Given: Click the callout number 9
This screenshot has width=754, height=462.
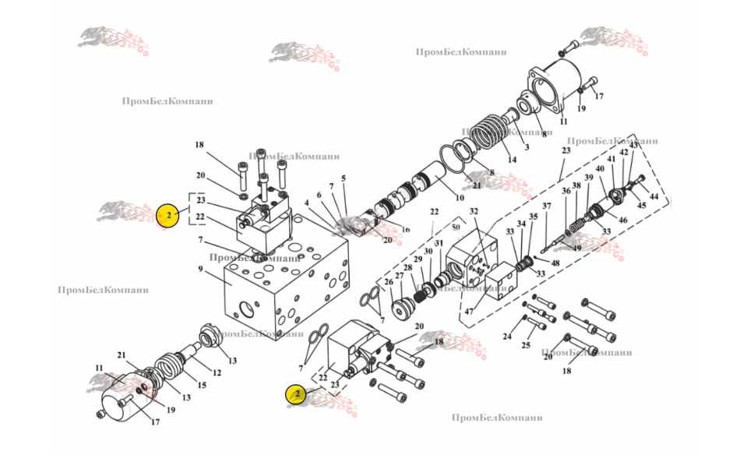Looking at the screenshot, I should coord(200,270).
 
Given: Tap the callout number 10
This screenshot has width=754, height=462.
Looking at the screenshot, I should coord(460,198).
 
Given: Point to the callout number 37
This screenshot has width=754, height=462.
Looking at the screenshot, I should coord(546,206).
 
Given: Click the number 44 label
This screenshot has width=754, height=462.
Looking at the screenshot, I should coord(654,197).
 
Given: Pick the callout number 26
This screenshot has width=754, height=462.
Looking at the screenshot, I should coord(387,282).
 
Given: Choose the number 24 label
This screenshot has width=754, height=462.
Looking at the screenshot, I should coord(507,337).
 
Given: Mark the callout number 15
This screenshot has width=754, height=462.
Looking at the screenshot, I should coord(203,385).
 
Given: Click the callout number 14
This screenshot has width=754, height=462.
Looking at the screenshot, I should coord(512,160).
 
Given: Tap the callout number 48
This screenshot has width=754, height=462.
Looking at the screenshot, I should coord(555,263).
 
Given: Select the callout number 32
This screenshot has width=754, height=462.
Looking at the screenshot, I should coord(473,211).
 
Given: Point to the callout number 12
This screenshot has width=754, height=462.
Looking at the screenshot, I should coord(217,372).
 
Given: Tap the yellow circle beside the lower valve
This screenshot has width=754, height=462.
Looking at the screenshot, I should coord(297,394).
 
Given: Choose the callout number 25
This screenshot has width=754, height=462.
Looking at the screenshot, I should coord(526,344).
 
